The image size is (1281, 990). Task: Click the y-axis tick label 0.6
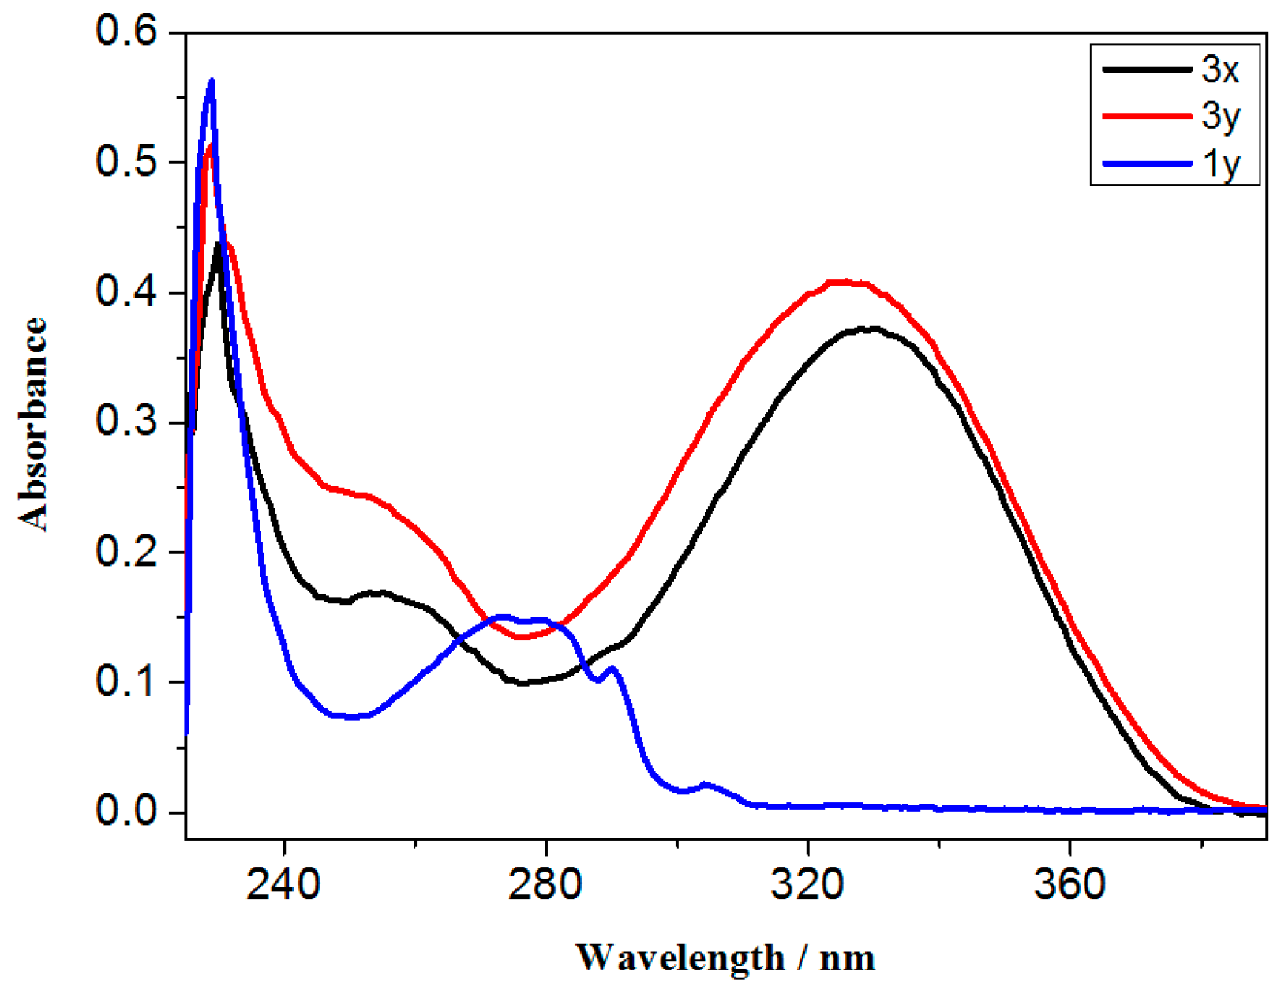[126, 32]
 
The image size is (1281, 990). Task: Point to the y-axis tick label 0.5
[126, 162]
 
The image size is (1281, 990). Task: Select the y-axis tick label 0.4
[126, 292]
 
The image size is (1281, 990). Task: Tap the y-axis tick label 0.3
[126, 422]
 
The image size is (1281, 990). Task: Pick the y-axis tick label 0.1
[126, 681]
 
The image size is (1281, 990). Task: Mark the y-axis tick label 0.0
[126, 811]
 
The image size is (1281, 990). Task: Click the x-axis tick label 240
[283, 884]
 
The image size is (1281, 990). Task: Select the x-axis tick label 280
[545, 884]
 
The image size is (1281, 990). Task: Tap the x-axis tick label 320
[807, 884]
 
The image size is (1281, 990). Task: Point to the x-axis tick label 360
[1069, 884]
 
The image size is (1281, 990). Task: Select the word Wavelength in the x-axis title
[680, 958]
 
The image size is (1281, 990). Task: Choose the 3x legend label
[1220, 70]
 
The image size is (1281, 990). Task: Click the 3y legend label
[1220, 117]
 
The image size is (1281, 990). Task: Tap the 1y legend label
[1220, 164]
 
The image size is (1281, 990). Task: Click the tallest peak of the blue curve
[211, 81]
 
